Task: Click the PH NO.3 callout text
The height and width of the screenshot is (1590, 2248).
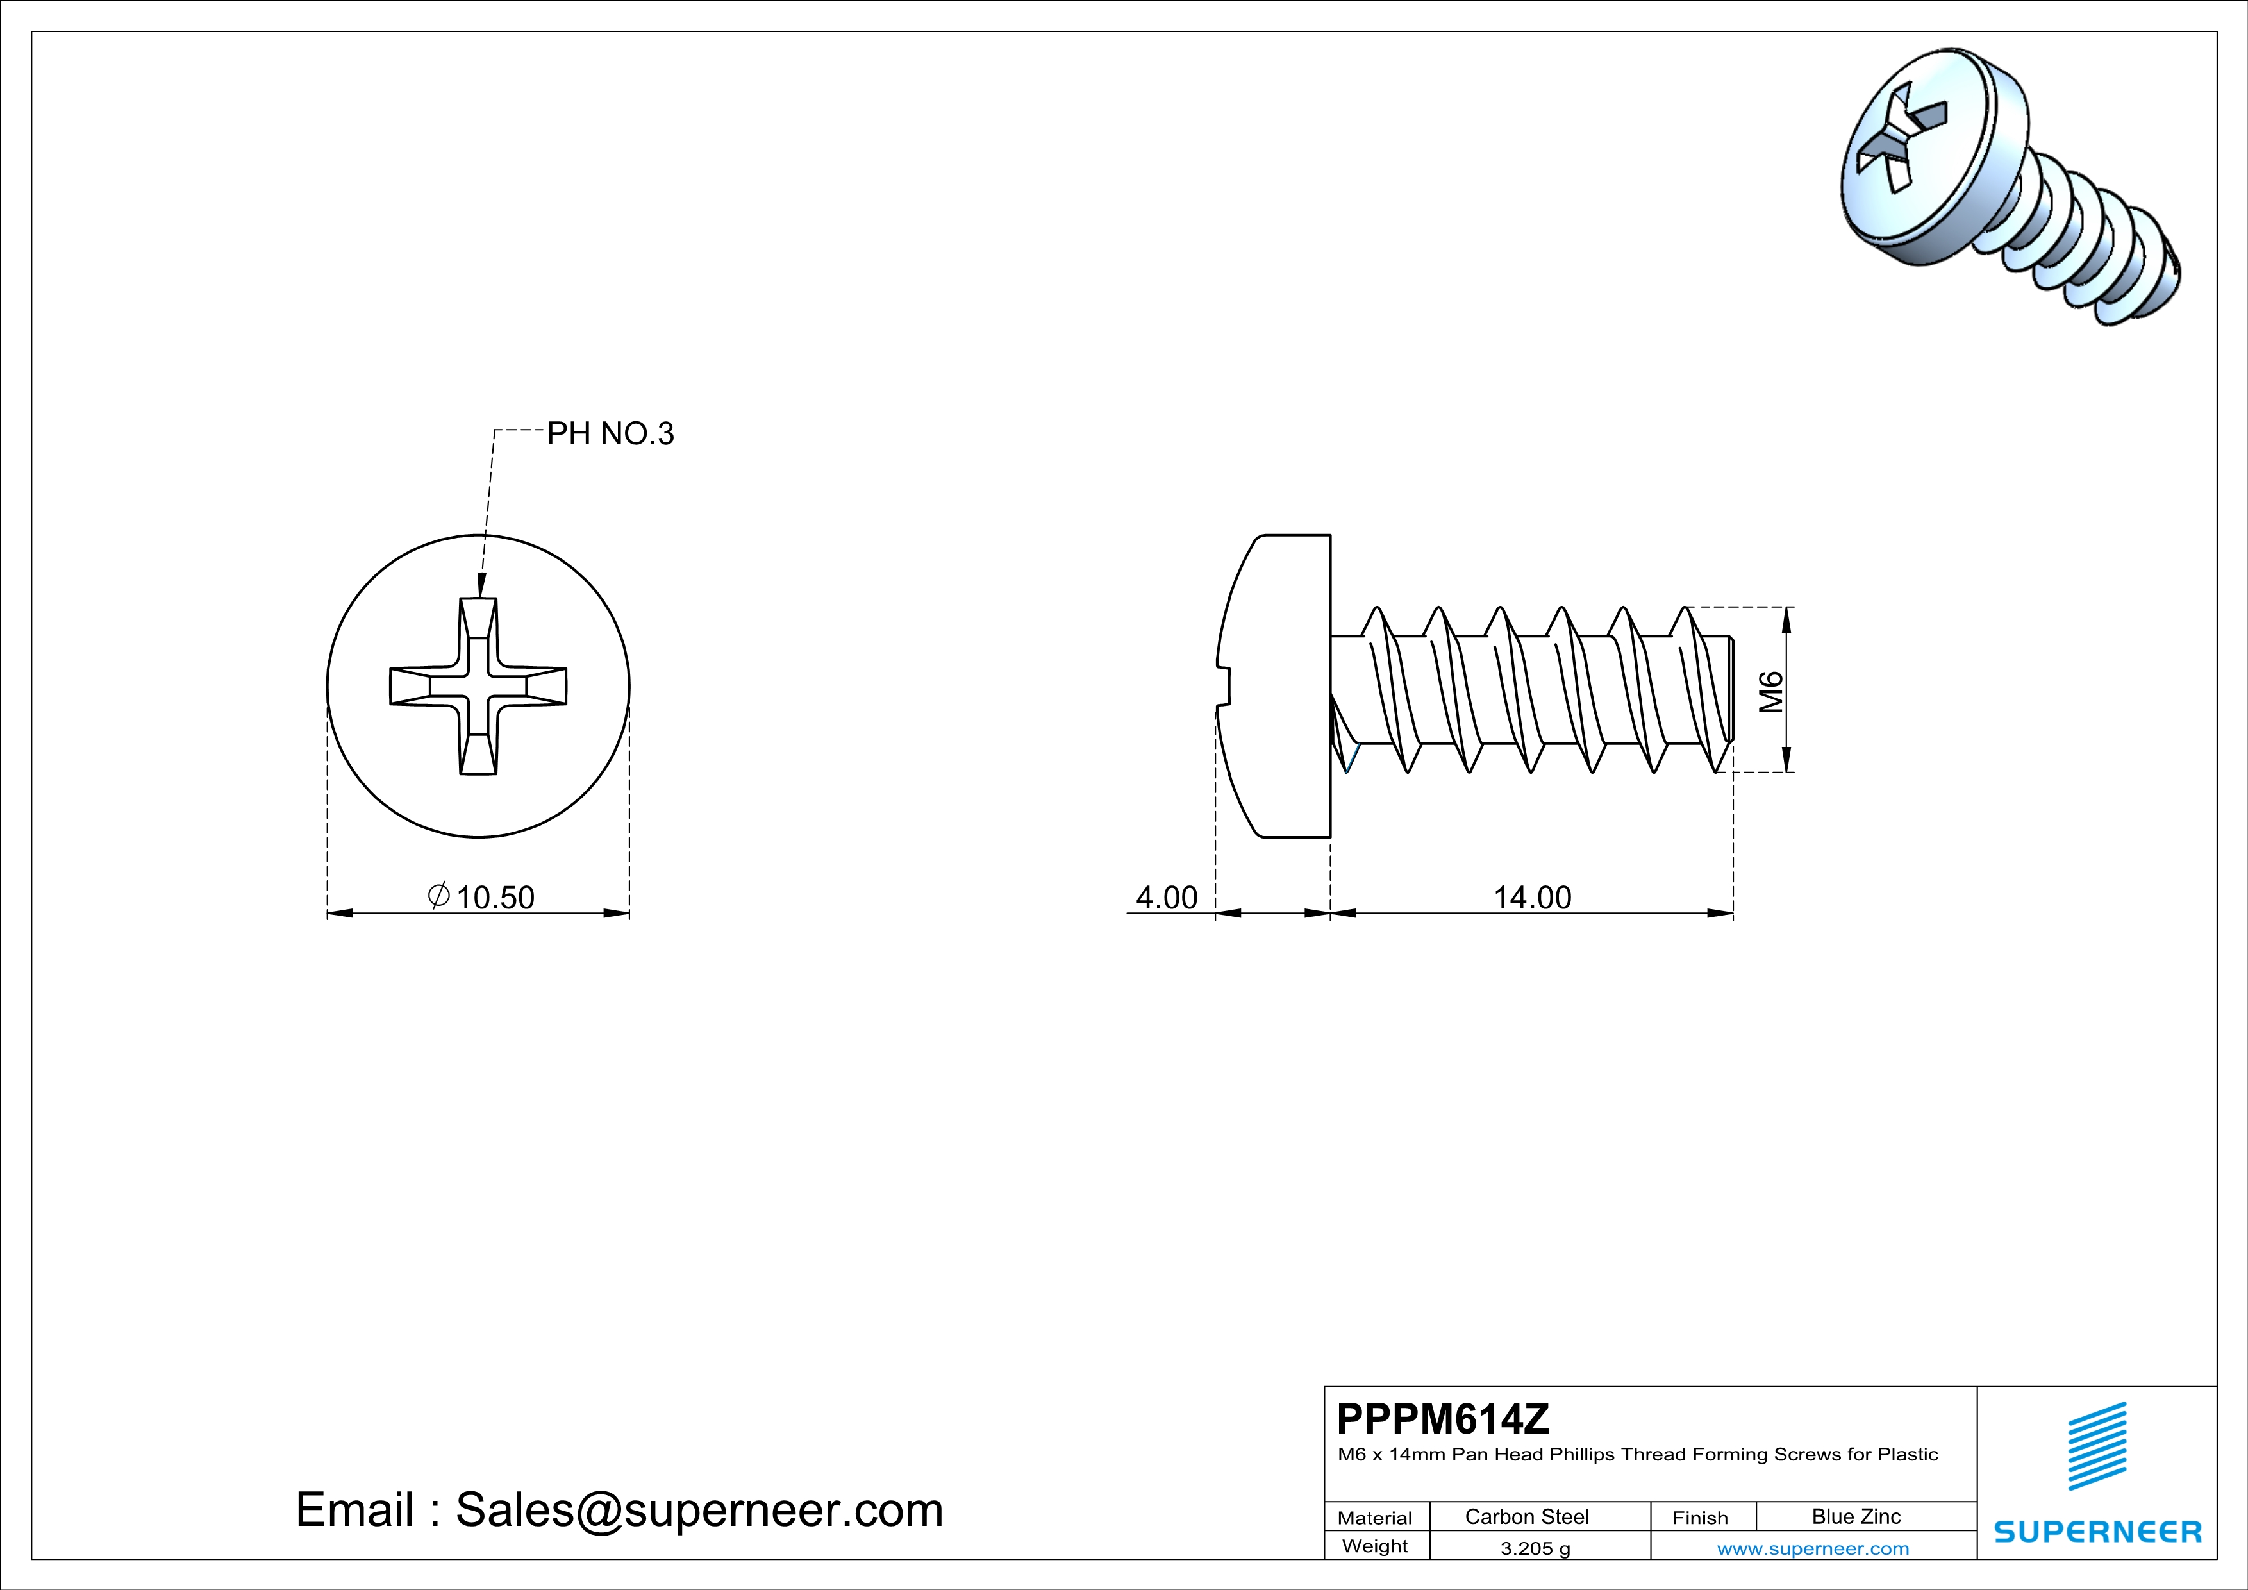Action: click(610, 434)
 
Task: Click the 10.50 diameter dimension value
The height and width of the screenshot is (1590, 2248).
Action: click(494, 897)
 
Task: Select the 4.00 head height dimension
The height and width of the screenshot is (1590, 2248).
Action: click(1166, 897)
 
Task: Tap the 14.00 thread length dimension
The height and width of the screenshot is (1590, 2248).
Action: click(1531, 897)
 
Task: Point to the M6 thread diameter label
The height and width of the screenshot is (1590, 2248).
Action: click(1771, 691)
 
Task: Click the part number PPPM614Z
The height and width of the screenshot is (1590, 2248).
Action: click(1443, 1419)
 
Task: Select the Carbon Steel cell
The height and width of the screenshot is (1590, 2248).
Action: click(1526, 1516)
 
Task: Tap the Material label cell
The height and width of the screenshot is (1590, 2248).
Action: click(1375, 1518)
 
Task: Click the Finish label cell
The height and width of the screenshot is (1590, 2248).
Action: click(1700, 1518)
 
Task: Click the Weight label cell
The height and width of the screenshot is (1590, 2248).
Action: click(1375, 1546)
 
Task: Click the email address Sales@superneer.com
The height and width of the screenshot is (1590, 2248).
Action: click(699, 1510)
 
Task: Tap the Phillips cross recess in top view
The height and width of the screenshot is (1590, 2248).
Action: click(478, 686)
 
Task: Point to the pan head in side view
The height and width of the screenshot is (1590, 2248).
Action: click(1278, 685)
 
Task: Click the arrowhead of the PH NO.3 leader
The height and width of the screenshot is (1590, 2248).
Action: click(481, 587)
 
